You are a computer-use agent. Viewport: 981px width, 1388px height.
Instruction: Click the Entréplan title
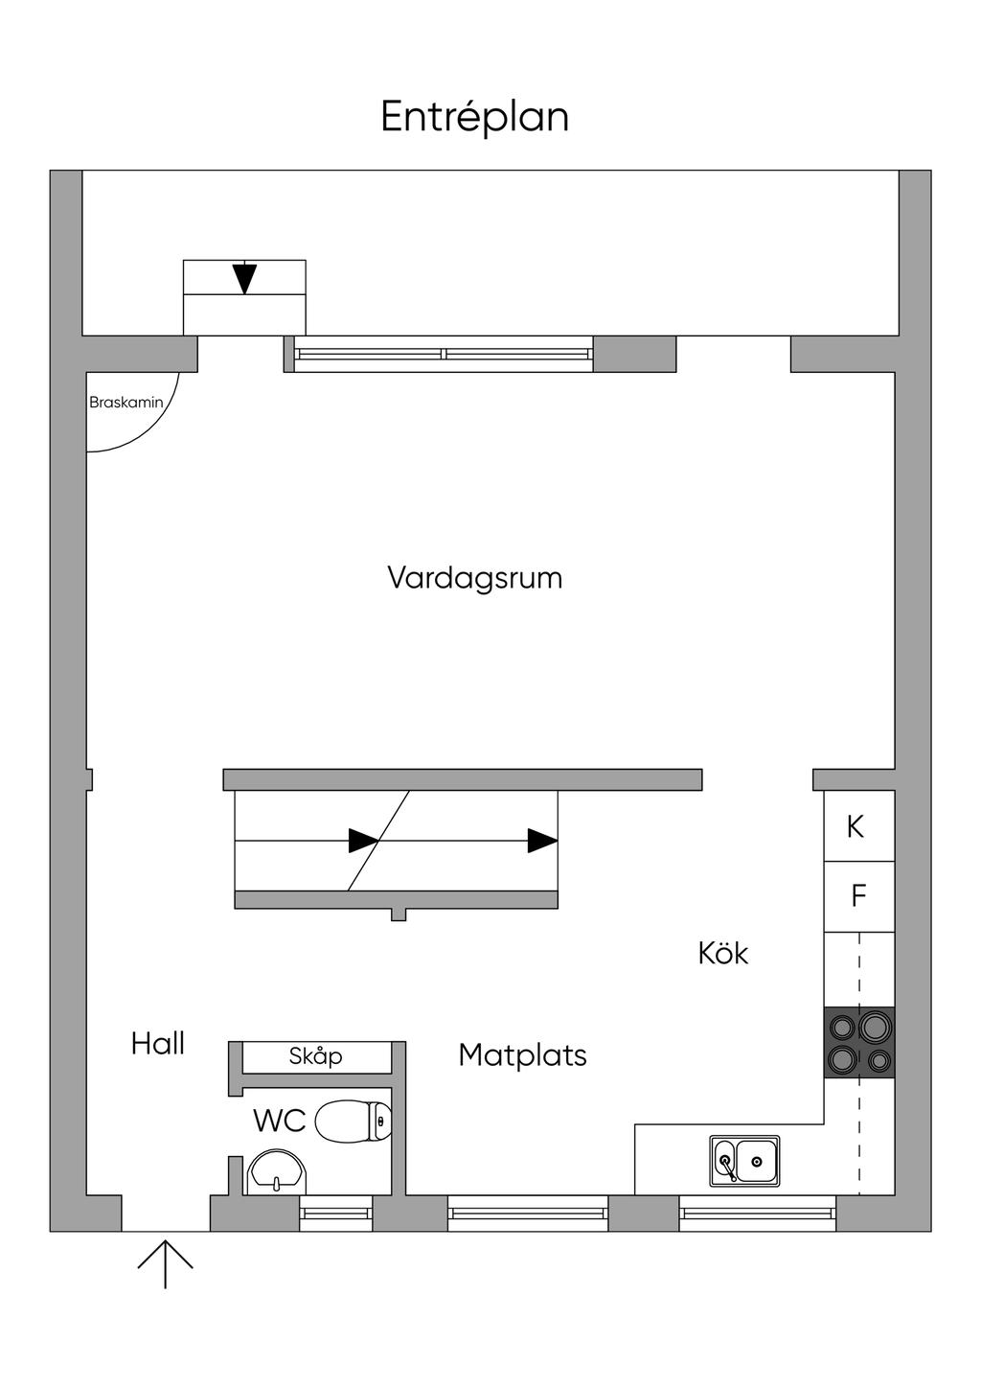[474, 117]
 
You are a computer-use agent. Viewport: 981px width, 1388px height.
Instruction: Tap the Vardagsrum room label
[475, 578]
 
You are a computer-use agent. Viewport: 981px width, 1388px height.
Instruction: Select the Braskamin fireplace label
[126, 403]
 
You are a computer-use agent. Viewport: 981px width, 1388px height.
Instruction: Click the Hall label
[158, 1044]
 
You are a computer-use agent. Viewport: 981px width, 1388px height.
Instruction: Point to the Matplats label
[523, 1054]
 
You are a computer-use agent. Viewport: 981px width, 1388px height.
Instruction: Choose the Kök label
[723, 953]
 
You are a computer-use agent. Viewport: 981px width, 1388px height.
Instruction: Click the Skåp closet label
[315, 1056]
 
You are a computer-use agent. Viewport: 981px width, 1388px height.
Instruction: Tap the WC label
[280, 1121]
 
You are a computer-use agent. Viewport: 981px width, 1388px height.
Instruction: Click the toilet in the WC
[353, 1120]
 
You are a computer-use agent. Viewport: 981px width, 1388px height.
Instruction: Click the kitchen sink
[744, 1161]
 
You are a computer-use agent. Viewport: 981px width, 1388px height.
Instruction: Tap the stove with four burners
[859, 1042]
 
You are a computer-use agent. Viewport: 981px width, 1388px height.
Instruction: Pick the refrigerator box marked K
[859, 825]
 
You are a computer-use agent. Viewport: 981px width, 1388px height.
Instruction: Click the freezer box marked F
[859, 896]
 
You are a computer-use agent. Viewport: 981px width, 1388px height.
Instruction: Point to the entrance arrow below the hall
[166, 1264]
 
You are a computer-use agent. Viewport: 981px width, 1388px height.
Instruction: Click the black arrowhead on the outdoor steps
[244, 279]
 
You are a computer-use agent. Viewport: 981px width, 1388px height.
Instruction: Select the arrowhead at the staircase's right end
[542, 841]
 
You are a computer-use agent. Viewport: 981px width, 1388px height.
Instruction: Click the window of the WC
[336, 1213]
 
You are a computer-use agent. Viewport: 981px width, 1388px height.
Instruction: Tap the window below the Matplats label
[528, 1213]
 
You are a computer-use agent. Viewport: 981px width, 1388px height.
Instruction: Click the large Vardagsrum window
[444, 355]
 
